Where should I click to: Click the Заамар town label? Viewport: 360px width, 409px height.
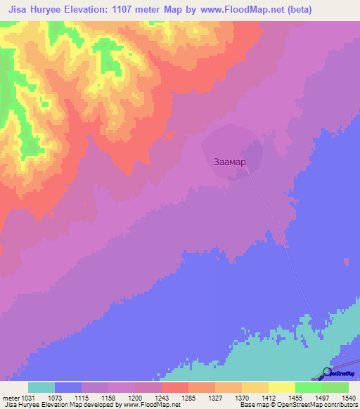[229, 161]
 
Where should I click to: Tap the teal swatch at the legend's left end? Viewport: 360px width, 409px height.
[41, 387]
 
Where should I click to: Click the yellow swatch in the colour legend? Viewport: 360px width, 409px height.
[281, 387]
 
